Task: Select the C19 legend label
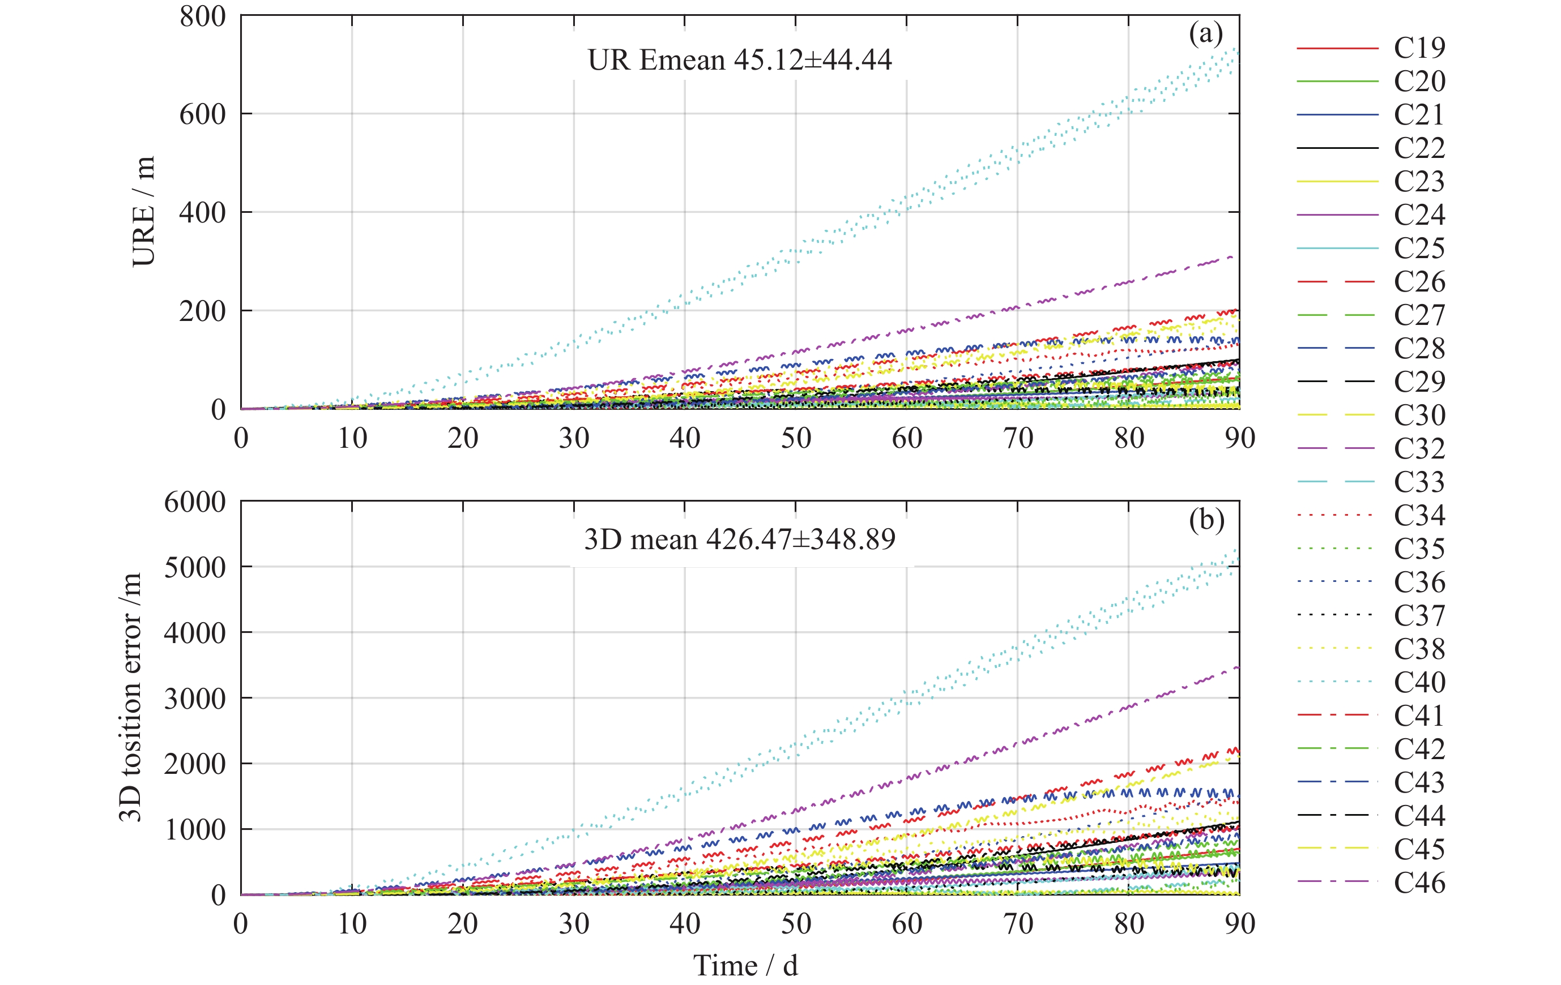point(1419,48)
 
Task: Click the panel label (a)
point(1205,33)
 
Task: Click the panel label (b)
point(1206,520)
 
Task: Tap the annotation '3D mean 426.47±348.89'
point(740,539)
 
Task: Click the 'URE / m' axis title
point(143,211)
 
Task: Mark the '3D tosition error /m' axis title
point(130,697)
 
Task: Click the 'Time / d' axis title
point(745,966)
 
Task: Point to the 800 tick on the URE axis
point(202,16)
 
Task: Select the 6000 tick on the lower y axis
point(194,502)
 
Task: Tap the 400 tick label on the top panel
point(202,212)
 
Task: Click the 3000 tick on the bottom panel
point(194,699)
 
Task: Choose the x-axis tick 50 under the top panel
point(795,439)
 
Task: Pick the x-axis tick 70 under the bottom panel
point(1018,924)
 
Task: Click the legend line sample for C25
point(1337,248)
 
